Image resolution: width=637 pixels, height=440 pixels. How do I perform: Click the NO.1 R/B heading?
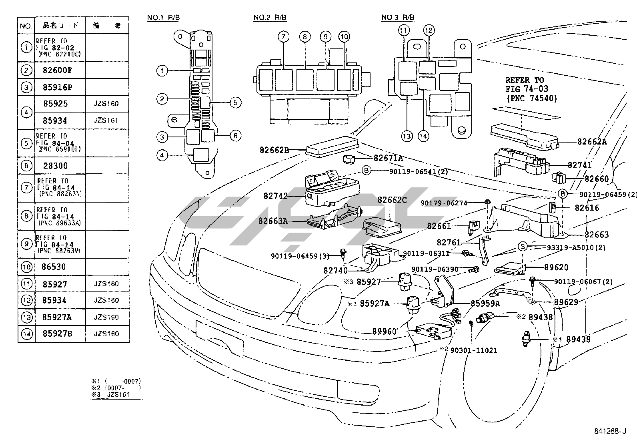[163, 18]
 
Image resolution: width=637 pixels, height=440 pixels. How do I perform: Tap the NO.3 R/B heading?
[398, 18]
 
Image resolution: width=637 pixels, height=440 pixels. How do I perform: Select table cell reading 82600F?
[58, 70]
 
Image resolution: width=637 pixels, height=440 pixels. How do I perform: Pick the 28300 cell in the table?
[55, 166]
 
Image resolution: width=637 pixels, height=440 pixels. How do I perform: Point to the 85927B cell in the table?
[57, 334]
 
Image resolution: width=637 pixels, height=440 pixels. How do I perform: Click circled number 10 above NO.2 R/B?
[344, 37]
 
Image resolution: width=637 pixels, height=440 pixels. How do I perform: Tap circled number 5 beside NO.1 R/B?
[235, 102]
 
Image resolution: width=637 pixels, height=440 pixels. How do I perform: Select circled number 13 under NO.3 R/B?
[407, 137]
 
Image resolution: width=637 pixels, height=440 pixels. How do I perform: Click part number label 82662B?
[274, 150]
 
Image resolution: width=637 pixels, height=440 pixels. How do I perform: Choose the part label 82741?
[579, 165]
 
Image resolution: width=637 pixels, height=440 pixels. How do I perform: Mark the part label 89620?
[556, 267]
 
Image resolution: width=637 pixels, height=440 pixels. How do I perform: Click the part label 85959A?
[485, 303]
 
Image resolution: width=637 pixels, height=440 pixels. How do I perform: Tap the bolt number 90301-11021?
[473, 350]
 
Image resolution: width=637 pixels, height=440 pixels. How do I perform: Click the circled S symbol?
[523, 247]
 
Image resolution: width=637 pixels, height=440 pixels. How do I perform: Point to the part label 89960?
[384, 332]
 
